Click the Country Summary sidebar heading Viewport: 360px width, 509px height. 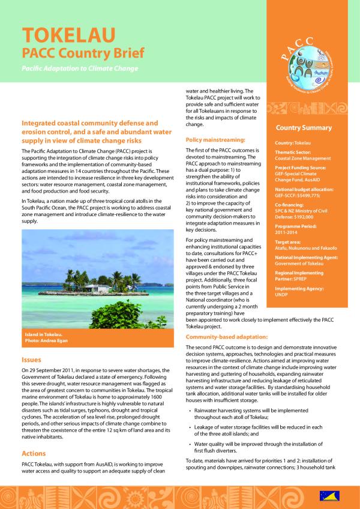[303, 128]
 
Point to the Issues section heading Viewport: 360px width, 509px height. [31, 360]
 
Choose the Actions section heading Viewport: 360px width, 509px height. [34, 453]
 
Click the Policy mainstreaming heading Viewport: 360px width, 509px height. [214, 139]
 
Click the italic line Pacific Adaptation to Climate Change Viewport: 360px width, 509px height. [80, 68]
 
